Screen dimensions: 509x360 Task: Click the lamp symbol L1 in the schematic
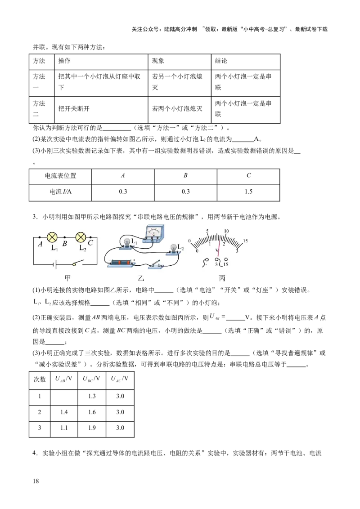53,237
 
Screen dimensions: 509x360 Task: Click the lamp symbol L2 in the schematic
81,237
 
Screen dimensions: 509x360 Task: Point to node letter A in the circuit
40,244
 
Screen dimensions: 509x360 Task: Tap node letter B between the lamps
65,244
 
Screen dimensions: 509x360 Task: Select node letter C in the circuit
90,243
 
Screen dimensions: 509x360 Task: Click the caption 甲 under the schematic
68,278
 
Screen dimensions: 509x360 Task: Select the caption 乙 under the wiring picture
141,278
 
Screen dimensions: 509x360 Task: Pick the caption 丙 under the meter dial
222,278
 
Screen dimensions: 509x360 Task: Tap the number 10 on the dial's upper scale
226,231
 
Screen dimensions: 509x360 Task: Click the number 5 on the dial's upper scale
207,231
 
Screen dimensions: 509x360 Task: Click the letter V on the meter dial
217,250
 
